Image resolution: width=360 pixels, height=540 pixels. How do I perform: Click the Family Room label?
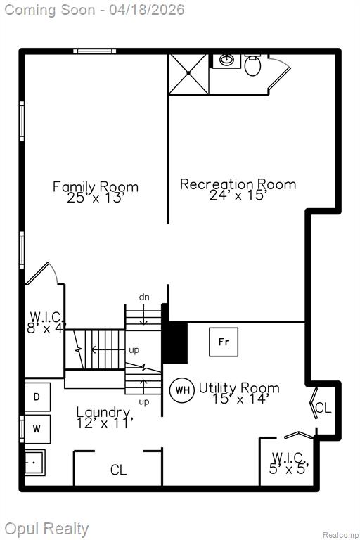(x=96, y=186)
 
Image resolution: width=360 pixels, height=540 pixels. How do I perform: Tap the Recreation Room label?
(x=238, y=184)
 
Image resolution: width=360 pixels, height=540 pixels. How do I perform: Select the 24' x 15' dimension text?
(x=238, y=195)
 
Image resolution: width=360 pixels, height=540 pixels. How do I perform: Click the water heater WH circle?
(x=182, y=390)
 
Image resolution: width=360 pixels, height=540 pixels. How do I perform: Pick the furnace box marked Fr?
(x=224, y=342)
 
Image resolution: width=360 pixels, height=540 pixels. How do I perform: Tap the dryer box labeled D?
(x=37, y=397)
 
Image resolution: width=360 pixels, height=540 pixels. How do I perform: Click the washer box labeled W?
(x=37, y=429)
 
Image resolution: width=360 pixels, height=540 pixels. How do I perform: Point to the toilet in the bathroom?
(x=253, y=65)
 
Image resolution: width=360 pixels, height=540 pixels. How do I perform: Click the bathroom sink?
(x=226, y=60)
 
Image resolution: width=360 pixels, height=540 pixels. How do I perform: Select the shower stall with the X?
(x=188, y=73)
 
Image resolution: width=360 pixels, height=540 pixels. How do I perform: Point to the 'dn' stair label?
(x=144, y=297)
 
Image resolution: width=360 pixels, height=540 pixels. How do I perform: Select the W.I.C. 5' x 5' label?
(x=289, y=463)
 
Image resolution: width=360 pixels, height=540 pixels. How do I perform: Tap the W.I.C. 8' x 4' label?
(x=46, y=322)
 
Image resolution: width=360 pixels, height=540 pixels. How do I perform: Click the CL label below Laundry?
(x=119, y=470)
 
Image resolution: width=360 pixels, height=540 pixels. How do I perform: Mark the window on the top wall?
(x=94, y=51)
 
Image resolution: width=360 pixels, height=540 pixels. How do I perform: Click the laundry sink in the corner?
(x=34, y=463)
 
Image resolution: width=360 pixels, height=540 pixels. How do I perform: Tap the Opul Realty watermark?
(x=46, y=529)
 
